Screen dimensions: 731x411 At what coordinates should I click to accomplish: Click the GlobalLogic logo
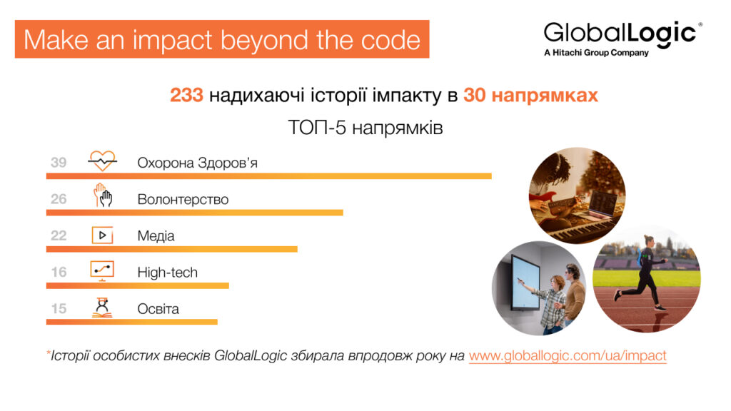point(622,39)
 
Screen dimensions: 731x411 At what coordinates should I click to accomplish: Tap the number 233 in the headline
point(186,95)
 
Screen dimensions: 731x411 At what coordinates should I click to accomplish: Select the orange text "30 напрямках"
point(530,96)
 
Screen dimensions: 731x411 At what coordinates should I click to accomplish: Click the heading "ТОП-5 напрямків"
point(365,128)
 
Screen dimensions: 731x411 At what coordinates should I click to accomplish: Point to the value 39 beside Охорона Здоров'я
point(59,163)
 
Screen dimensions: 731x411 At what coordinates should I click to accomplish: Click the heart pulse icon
point(103,161)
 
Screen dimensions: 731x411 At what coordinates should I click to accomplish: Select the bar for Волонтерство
point(194,213)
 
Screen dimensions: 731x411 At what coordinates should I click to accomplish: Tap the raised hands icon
point(103,196)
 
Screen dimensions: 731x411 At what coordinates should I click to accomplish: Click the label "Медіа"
point(156,235)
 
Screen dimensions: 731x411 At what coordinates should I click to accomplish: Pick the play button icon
point(103,235)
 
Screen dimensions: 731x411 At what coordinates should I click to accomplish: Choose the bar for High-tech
point(138,285)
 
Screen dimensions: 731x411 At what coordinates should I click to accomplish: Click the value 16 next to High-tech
point(59,272)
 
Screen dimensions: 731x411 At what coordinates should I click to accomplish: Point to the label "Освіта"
point(158,309)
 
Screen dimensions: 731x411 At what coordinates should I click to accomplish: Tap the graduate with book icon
point(102,308)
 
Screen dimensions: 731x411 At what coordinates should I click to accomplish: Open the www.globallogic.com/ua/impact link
point(568,355)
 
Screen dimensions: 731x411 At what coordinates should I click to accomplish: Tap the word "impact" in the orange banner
point(173,41)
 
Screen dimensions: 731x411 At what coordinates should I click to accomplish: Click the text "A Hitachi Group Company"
point(596,53)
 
